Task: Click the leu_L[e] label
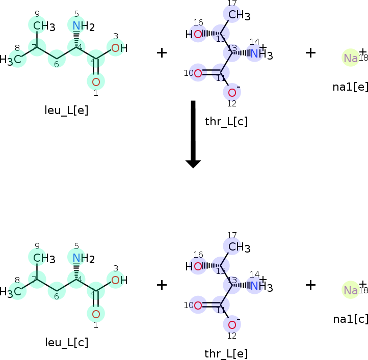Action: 66,110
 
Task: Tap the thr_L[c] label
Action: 226,122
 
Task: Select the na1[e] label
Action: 350,87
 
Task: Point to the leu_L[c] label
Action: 66,342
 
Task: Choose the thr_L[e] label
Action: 226,353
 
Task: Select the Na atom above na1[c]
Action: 351,290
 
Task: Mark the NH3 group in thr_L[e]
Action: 260,286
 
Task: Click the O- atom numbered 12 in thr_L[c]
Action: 232,92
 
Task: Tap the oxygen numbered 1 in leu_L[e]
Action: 96,81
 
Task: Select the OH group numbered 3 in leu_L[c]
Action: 118,280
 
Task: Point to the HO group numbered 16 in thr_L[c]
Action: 194,35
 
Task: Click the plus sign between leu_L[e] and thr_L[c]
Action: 161,53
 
